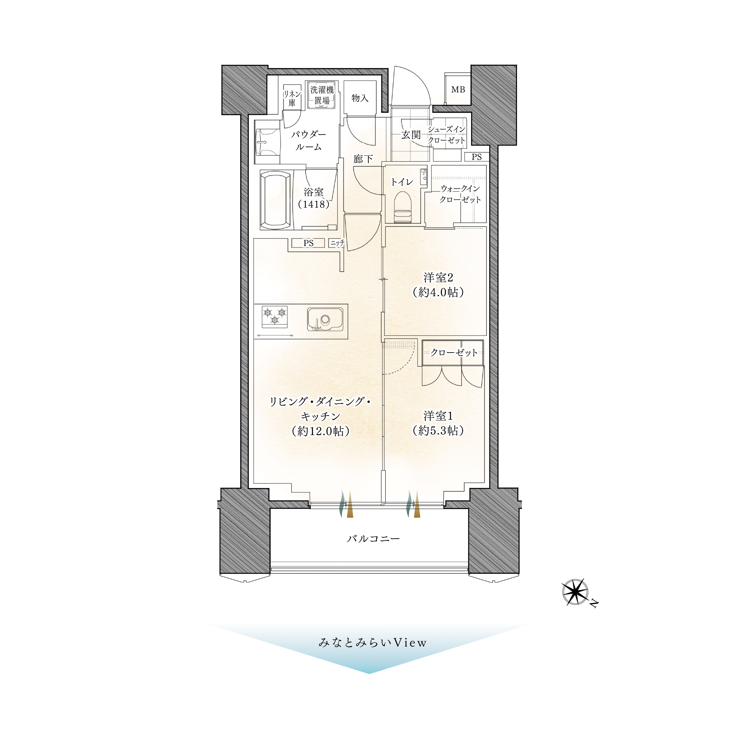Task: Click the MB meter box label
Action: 458,90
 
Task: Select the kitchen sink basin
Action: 325,319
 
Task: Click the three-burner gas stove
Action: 275,317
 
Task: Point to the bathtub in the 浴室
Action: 275,200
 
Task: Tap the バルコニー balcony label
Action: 373,539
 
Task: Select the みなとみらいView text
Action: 372,642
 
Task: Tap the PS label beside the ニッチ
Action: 308,243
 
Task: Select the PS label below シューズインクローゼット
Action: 477,157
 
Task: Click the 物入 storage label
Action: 360,98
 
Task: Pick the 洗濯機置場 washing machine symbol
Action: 322,95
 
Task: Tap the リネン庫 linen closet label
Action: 292,98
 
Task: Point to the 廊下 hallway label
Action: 363,159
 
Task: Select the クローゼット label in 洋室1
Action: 454,352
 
